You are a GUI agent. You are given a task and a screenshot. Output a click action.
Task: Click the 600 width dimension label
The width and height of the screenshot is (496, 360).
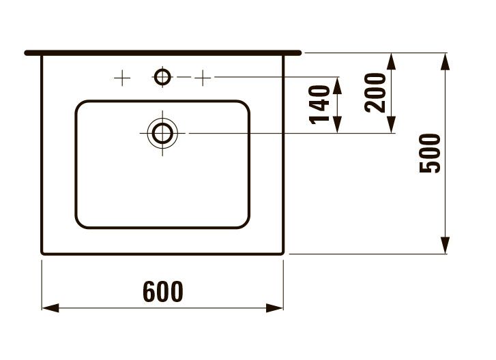tap(163, 292)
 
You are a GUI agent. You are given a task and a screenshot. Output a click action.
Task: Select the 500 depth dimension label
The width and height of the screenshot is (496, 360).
tap(431, 153)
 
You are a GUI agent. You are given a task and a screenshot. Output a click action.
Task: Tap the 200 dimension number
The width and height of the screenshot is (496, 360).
tap(375, 92)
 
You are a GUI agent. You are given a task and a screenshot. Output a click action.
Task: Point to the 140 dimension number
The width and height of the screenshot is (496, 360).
tap(321, 104)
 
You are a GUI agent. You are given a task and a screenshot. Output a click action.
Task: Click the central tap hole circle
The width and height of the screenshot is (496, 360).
tap(162, 77)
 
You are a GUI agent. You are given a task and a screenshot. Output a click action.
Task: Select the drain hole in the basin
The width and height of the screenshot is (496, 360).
tap(162, 133)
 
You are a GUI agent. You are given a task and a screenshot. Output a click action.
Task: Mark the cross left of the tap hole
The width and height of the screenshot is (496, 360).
tap(121, 78)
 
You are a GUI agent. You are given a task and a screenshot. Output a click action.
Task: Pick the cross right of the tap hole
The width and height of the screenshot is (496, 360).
tap(202, 78)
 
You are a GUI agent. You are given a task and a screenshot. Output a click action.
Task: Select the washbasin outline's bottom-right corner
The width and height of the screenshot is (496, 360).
tap(282, 252)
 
